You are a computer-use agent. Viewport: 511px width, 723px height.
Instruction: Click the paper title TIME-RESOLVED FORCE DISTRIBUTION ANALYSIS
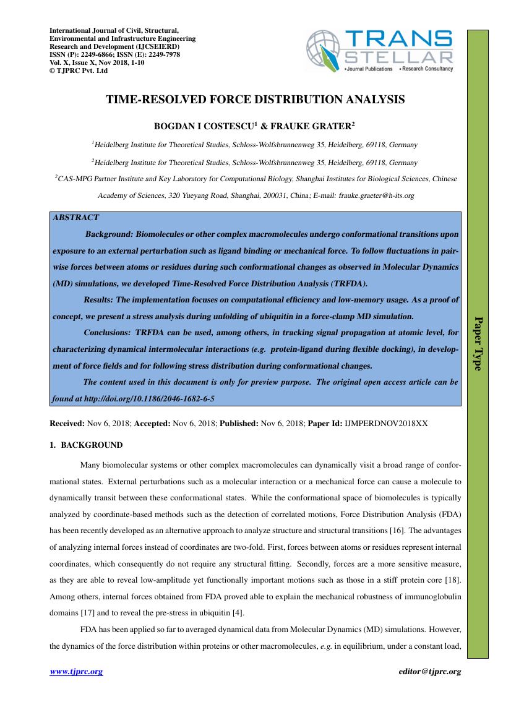point(255,100)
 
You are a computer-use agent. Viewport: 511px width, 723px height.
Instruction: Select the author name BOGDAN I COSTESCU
point(203,126)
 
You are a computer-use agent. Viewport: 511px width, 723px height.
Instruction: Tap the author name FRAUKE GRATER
point(314,126)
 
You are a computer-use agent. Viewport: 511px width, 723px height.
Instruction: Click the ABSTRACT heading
point(75,218)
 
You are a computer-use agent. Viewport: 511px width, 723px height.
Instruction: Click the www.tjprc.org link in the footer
point(76,672)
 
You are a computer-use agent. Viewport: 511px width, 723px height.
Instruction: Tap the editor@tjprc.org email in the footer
point(430,672)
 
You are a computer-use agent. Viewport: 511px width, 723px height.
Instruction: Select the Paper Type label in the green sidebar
point(478,343)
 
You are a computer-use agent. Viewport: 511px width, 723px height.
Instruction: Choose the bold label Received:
point(67,424)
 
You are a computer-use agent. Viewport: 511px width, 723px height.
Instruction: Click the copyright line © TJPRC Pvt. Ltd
point(79,71)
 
